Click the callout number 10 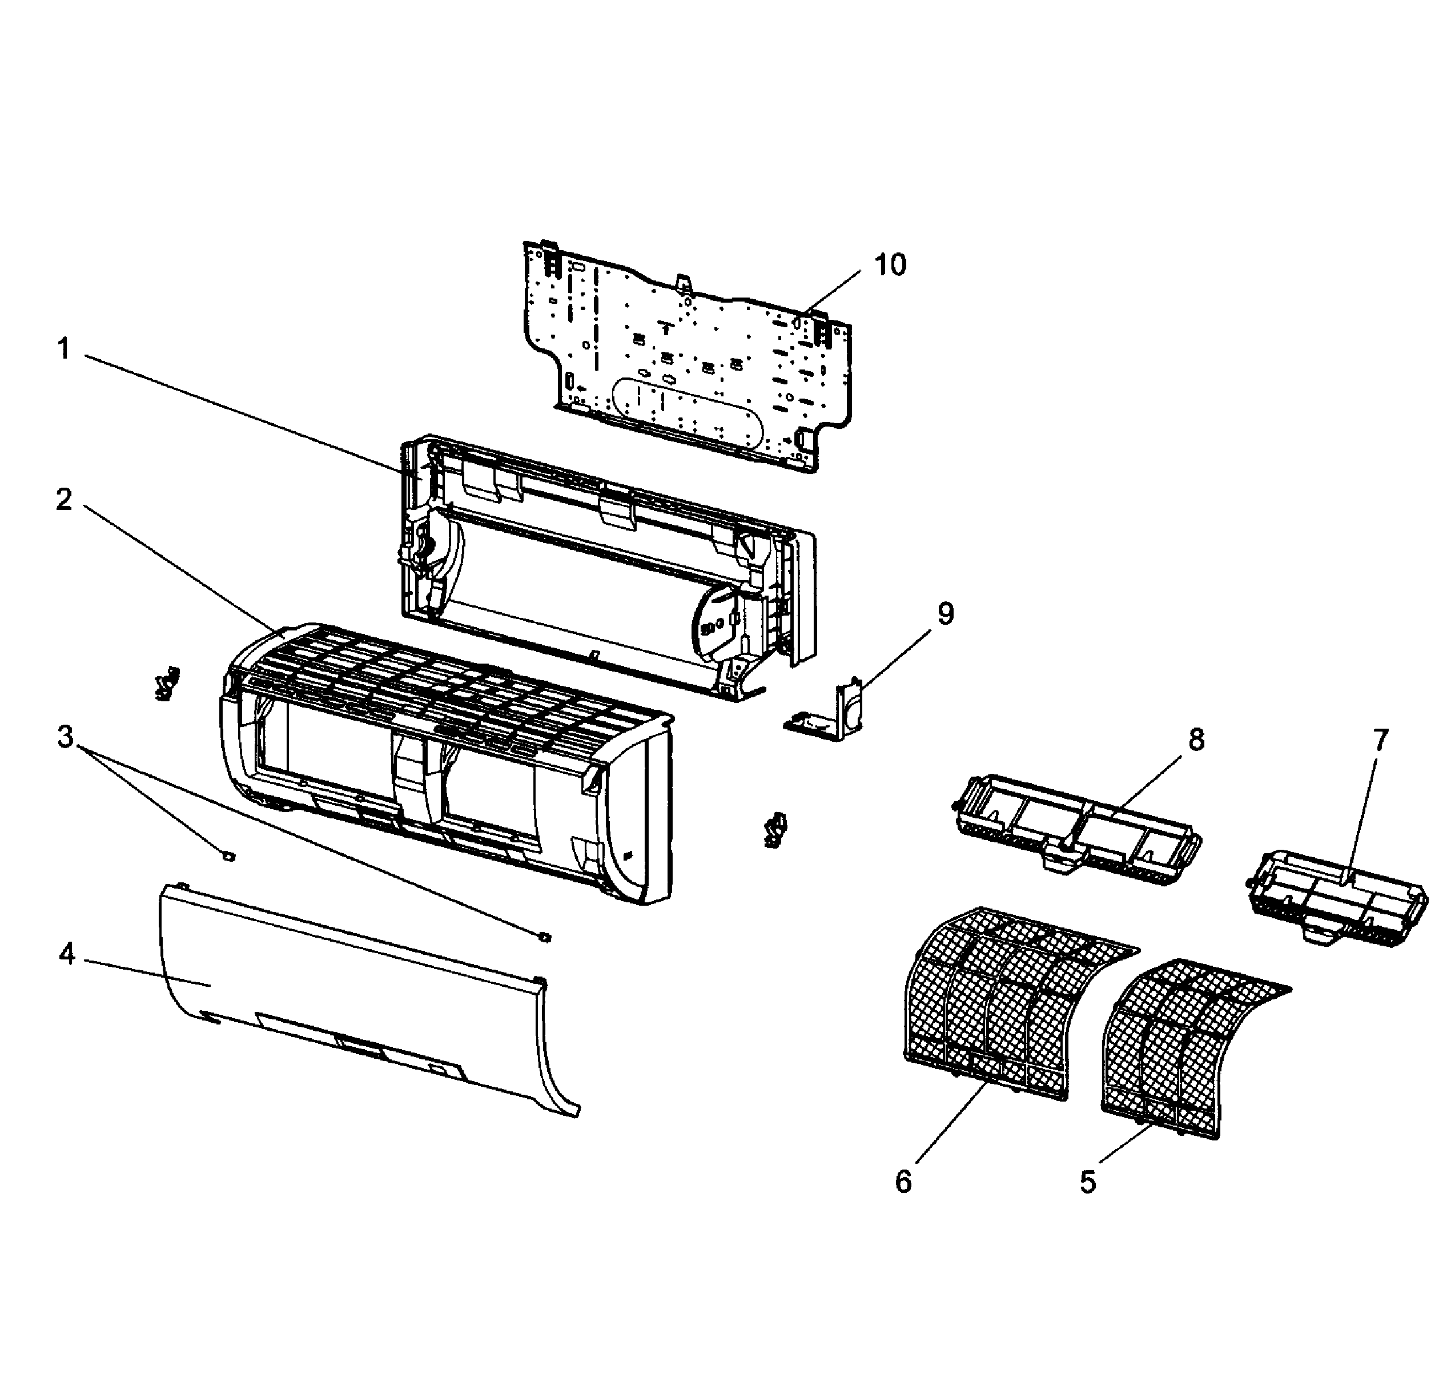tap(889, 264)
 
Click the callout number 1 tap(64, 348)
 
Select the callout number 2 tap(64, 500)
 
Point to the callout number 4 tap(67, 955)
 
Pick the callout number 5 tap(1087, 1182)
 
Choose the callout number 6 tap(903, 1181)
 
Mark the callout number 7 tap(1379, 740)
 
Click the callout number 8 tap(1196, 740)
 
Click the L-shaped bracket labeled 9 tap(829, 718)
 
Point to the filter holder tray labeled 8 tap(1076, 829)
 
